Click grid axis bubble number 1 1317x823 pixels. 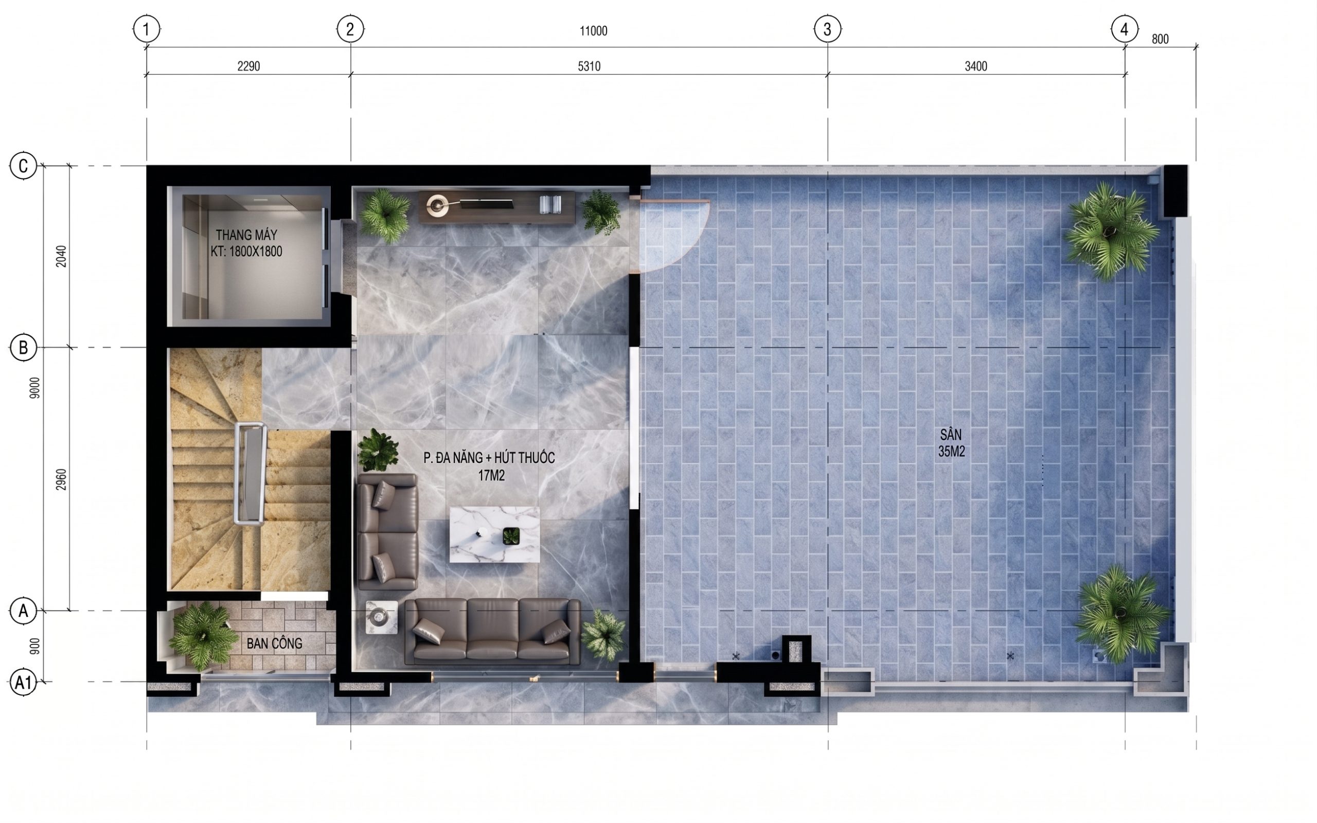tap(147, 29)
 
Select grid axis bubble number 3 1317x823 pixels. tap(827, 29)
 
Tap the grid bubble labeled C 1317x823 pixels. tap(23, 166)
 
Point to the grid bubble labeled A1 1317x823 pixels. tap(23, 682)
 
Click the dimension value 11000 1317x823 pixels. tap(593, 31)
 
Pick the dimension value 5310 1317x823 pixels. tap(589, 66)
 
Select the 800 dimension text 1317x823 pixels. tap(1160, 39)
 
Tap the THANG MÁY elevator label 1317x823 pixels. tap(246, 243)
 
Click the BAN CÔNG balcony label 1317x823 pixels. tap(274, 643)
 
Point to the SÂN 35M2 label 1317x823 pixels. tap(951, 443)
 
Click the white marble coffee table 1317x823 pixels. tap(495, 534)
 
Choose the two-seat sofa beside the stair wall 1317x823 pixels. tap(387, 531)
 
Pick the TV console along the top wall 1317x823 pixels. tap(496, 206)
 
